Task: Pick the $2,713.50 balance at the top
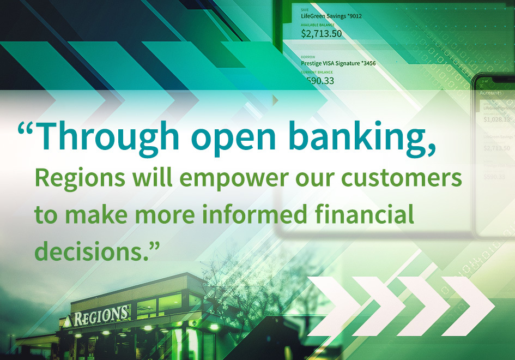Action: coord(322,33)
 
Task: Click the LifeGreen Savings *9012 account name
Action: coord(331,16)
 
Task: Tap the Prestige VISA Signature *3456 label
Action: coord(338,63)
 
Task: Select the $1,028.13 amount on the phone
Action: coord(496,119)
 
